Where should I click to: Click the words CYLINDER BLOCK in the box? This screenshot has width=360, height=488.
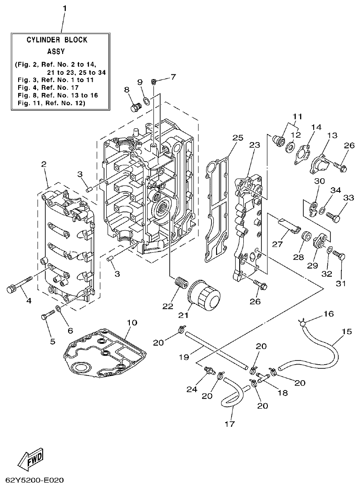[57, 40]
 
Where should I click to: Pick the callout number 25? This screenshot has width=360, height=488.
[238, 138]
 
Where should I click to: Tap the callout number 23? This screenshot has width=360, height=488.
[254, 146]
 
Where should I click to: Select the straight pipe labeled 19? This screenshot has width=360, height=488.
[218, 349]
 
